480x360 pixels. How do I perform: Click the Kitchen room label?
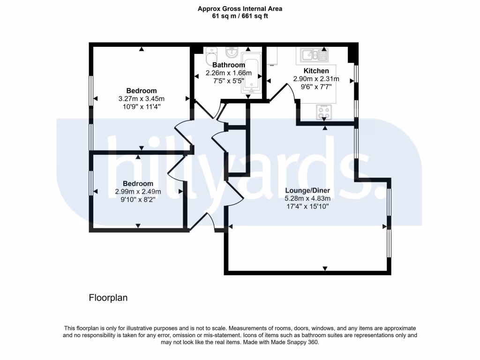(316, 71)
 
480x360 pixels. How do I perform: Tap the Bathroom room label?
(228, 65)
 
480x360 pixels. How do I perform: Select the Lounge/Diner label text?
(307, 191)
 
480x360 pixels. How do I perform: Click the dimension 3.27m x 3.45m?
(141, 98)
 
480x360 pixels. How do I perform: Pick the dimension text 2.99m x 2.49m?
(138, 191)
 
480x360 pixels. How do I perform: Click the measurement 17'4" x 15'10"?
(307, 206)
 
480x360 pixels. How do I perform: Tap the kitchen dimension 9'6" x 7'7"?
(316, 87)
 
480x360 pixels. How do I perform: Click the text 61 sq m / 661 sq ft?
(240, 16)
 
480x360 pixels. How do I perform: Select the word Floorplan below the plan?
(108, 298)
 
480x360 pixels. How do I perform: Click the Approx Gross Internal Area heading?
(240, 8)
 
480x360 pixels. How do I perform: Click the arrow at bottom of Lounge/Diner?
(324, 269)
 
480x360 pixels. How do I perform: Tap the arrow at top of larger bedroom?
(141, 48)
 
